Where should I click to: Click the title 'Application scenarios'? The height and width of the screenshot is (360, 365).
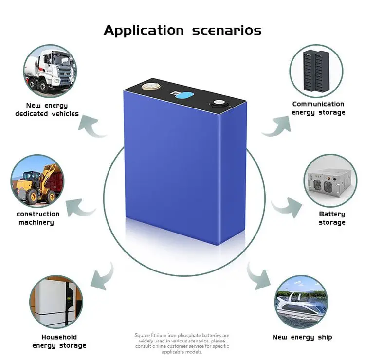coord(182,30)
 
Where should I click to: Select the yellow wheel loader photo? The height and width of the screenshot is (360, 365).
coord(37,181)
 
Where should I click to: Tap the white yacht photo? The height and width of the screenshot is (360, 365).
coord(302,302)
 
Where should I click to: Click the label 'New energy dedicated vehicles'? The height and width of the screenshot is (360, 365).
coord(47,109)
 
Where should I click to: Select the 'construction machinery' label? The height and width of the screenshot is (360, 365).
coord(38,218)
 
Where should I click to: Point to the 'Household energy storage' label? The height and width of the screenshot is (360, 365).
coord(59,341)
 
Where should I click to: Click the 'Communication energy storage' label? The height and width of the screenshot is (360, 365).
coord(318,108)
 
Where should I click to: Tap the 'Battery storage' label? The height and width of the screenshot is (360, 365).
coord(332,218)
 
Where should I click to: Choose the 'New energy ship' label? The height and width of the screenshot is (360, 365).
coord(302,337)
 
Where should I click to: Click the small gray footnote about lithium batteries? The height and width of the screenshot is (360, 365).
coord(182,343)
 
